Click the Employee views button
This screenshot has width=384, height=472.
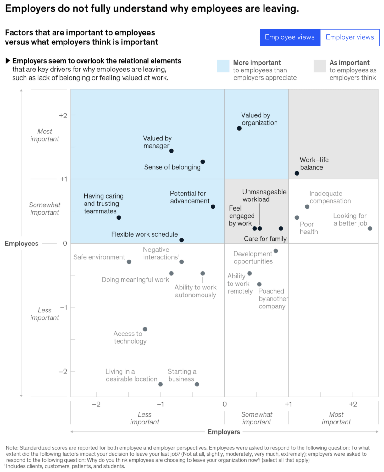click(289, 37)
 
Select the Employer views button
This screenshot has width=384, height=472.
click(349, 37)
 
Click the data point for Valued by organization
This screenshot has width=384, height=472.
click(239, 128)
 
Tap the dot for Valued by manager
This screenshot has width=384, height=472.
click(171, 151)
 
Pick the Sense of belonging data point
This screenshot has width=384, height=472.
click(203, 162)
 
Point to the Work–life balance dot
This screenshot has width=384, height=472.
click(297, 173)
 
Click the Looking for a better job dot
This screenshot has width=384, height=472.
click(370, 228)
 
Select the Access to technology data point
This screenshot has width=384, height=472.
click(145, 329)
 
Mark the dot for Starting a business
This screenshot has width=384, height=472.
click(197, 384)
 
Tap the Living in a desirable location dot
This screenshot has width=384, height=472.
click(160, 384)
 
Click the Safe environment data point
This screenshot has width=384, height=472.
click(129, 262)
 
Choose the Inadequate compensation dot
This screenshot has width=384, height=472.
click(307, 207)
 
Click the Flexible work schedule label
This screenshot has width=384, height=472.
click(144, 234)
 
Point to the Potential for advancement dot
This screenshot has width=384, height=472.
click(213, 207)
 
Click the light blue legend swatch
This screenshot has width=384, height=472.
click(223, 66)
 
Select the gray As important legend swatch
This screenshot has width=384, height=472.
click(320, 66)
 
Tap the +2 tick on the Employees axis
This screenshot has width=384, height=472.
click(63, 115)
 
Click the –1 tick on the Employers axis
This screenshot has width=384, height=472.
click(160, 404)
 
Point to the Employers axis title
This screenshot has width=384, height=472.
click(224, 432)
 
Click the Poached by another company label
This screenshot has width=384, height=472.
click(273, 299)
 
